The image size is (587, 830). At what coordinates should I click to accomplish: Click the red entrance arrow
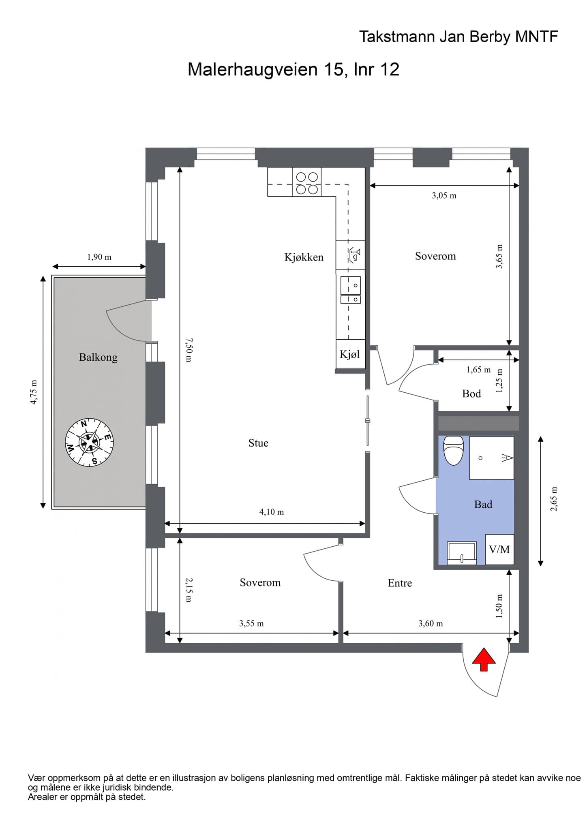pyautogui.click(x=484, y=659)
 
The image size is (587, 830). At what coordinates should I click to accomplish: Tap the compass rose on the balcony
pyautogui.click(x=89, y=442)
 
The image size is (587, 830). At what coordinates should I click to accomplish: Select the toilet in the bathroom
pyautogui.click(x=454, y=450)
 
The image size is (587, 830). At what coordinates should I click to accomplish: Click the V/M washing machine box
pyautogui.click(x=499, y=549)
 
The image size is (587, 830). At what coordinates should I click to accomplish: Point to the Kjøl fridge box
pyautogui.click(x=350, y=354)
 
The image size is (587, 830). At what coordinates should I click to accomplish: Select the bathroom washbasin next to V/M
pyautogui.click(x=462, y=553)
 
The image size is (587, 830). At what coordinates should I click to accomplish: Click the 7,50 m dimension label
pyautogui.click(x=189, y=350)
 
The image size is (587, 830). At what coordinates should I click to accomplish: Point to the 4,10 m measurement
pyautogui.click(x=272, y=512)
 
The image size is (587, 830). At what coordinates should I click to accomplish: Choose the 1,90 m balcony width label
pyautogui.click(x=99, y=257)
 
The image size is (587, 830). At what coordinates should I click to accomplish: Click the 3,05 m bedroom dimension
pyautogui.click(x=444, y=195)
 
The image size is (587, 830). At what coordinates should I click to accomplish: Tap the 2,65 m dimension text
pyautogui.click(x=554, y=498)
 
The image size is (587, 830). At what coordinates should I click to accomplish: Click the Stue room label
pyautogui.click(x=258, y=443)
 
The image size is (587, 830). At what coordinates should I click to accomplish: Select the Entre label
pyautogui.click(x=400, y=583)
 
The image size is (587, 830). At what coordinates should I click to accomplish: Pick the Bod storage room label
pyautogui.click(x=471, y=394)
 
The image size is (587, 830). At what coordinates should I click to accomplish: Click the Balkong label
pyautogui.click(x=98, y=357)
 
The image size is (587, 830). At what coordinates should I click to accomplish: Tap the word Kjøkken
pyautogui.click(x=304, y=257)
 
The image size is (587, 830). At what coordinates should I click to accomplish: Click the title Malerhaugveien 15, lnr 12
pyautogui.click(x=293, y=69)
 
